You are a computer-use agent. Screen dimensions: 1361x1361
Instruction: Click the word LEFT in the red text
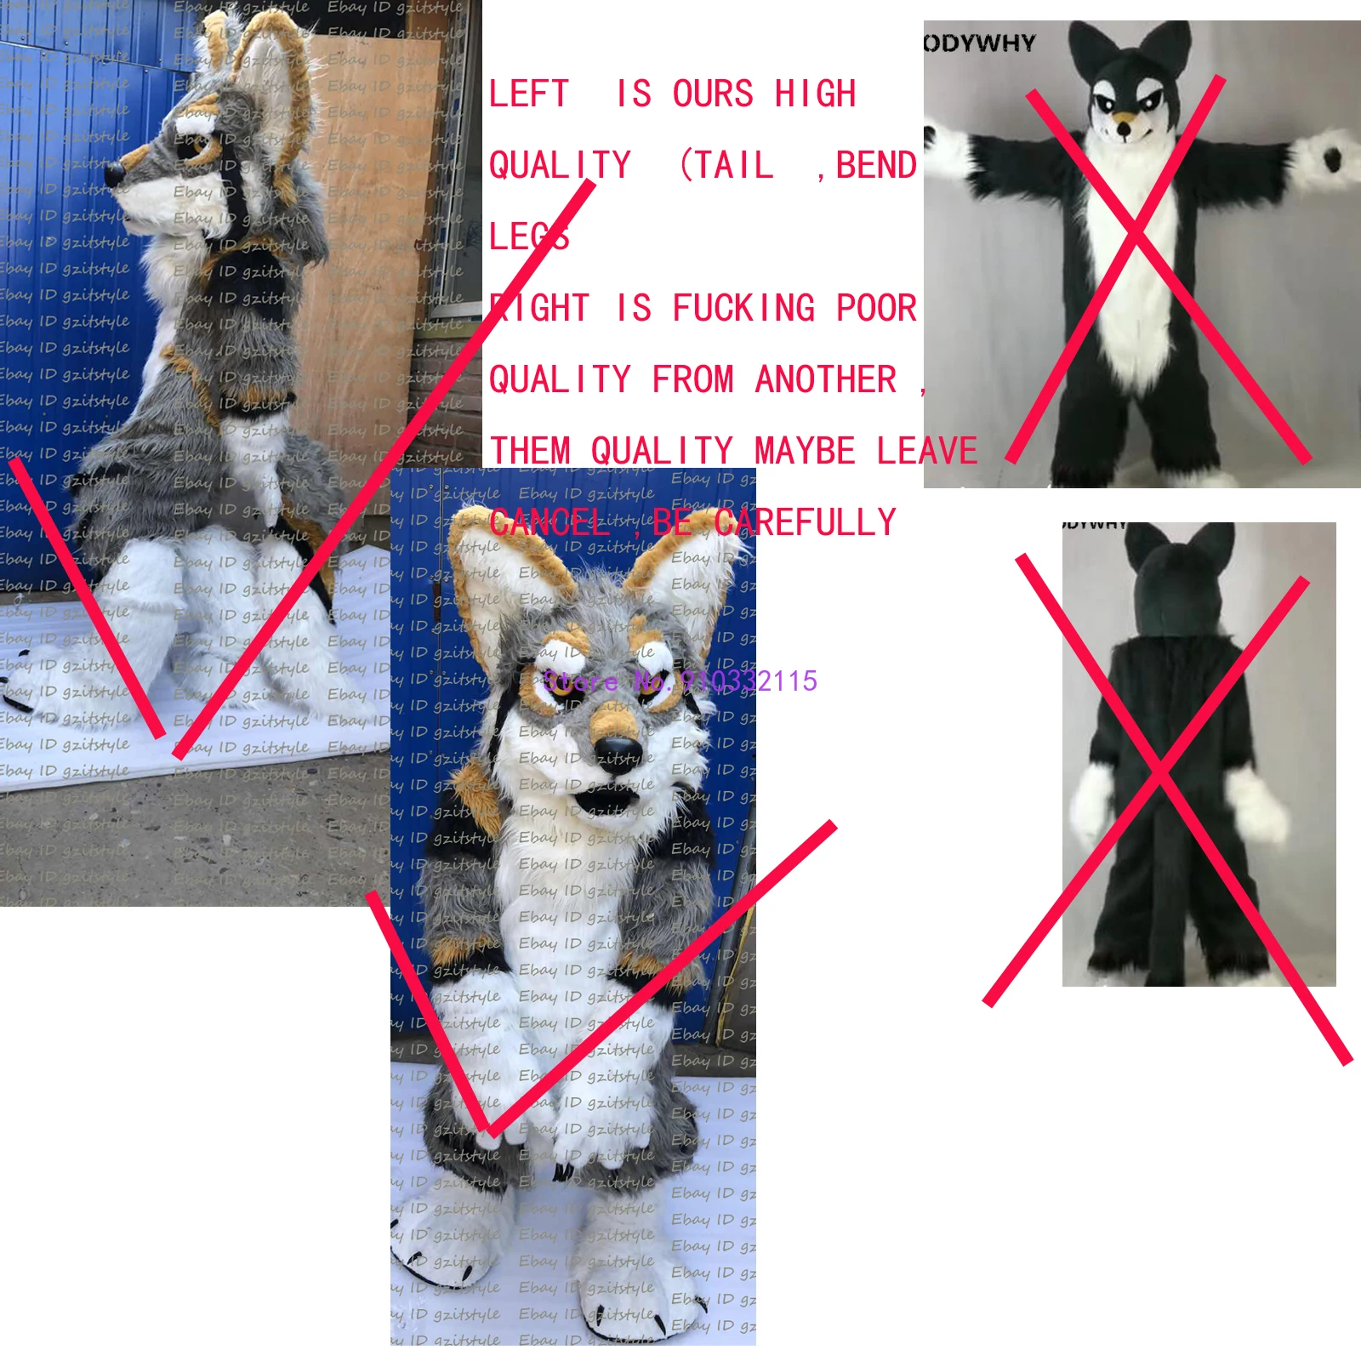pos(528,94)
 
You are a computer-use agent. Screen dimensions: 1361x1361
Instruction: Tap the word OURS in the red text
pos(713,94)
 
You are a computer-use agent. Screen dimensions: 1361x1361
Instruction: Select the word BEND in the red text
pos(876,165)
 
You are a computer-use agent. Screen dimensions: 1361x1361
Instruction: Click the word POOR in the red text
pos(876,308)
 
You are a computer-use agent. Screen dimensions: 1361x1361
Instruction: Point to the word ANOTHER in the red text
pos(825,379)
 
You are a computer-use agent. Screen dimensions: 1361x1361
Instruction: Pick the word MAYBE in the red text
pos(805,451)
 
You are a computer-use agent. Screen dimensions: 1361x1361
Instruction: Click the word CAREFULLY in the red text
pos(805,522)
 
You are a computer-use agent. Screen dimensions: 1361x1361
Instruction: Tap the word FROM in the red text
pos(692,379)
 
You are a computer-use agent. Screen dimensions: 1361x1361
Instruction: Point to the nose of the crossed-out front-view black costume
pos(1125,129)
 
